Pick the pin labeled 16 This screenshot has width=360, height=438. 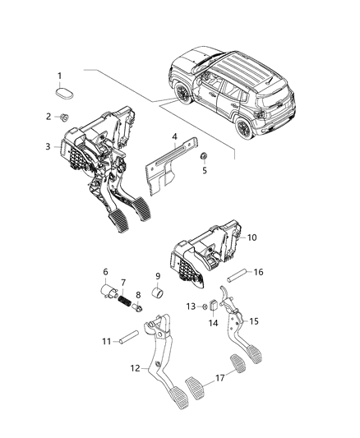tap(219, 379)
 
